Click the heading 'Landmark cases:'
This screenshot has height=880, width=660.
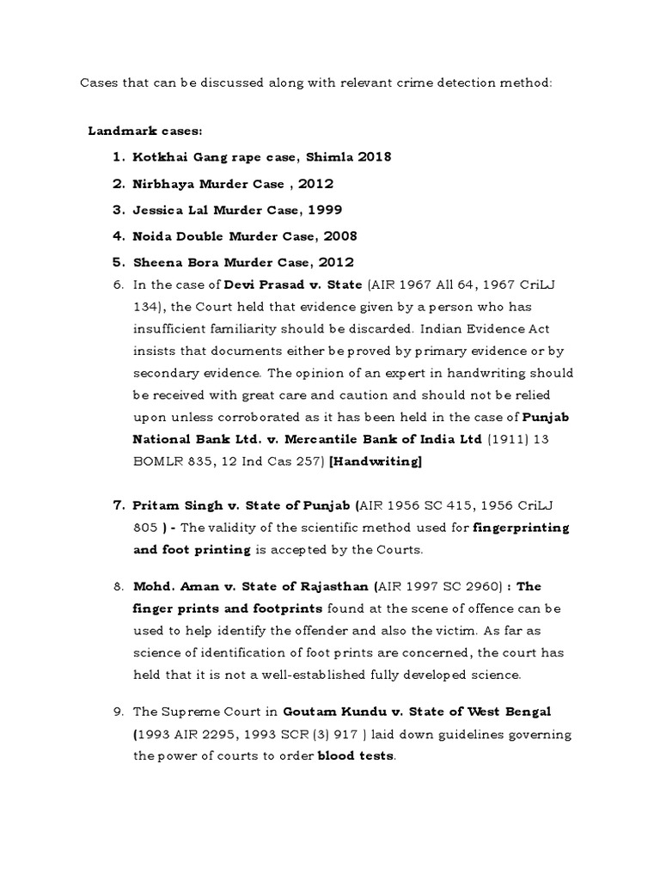(145, 131)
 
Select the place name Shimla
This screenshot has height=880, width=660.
(336, 156)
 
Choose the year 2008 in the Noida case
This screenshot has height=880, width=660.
(338, 235)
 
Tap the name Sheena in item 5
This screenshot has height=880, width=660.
(156, 262)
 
